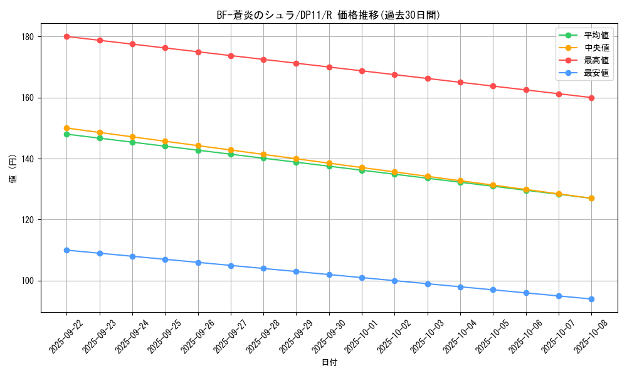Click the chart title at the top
coord(329,15)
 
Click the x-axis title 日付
coord(329,363)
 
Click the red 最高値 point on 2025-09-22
coord(66,36)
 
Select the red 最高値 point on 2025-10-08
coord(591,98)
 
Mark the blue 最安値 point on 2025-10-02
coord(394,281)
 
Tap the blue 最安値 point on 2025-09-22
coord(66,250)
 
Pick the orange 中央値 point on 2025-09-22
coord(66,128)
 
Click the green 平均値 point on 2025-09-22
coord(66,134)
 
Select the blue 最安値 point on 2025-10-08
coord(591,299)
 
